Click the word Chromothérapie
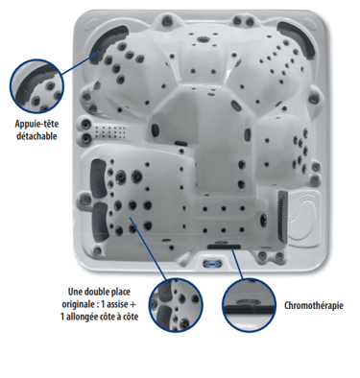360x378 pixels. pos(314,305)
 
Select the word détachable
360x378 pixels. pos(36,136)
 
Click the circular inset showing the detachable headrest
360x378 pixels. pos(36,86)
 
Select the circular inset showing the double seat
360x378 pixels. pos(176,305)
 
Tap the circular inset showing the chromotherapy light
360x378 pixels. pos(249,305)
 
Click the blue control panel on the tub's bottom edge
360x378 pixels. pos(212,264)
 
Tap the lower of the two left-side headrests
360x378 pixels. pos(99,222)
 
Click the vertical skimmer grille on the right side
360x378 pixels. pos(283,216)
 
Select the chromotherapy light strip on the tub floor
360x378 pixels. pos(224,247)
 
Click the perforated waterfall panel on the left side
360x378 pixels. pos(109,132)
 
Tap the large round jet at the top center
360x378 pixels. pos(203,39)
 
